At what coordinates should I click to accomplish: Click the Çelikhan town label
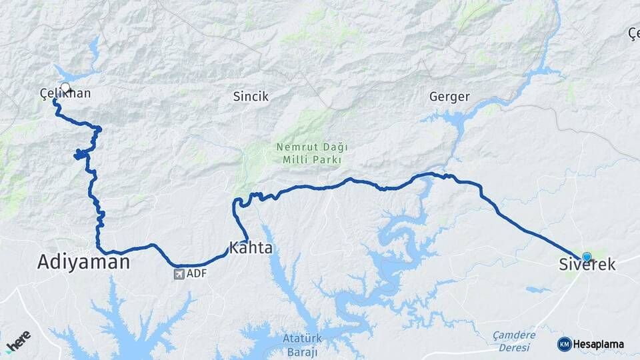click(65, 95)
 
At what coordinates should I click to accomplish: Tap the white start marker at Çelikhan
click(65, 87)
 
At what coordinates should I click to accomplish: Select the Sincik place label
click(251, 97)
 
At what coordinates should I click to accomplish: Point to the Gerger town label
click(449, 97)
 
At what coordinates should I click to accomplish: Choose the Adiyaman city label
click(83, 263)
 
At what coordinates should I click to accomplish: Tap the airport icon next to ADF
click(179, 273)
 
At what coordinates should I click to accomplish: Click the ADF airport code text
click(197, 273)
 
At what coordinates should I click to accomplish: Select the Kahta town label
click(251, 249)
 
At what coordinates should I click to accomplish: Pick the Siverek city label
click(587, 265)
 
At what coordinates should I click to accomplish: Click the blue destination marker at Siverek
click(586, 257)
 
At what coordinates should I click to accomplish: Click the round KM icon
click(564, 344)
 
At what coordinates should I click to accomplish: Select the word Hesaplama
click(598, 345)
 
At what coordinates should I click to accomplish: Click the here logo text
click(19, 340)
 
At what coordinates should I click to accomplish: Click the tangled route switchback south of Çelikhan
click(80, 155)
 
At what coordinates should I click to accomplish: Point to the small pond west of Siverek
click(538, 290)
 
